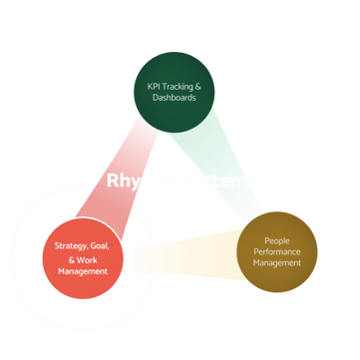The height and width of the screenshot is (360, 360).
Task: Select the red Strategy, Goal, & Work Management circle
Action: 83,258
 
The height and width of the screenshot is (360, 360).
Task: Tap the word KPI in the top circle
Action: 145,87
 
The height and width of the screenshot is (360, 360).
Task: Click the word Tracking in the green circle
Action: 171,87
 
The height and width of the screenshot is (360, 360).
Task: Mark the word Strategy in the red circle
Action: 68,245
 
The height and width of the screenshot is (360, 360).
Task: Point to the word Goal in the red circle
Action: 100,245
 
